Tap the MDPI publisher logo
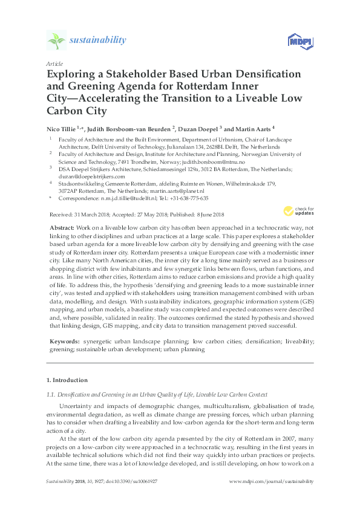295,41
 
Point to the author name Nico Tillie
62,128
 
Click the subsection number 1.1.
50,395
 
